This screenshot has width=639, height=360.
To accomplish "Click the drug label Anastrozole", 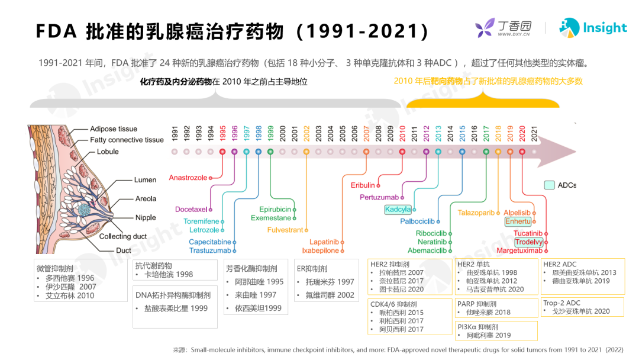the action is (188, 178).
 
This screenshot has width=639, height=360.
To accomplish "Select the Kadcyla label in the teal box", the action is (398, 210).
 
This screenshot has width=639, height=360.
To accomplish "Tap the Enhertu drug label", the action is (518, 221).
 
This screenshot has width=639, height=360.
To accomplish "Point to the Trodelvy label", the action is (528, 242).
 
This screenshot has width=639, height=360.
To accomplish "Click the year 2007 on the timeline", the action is (366, 134).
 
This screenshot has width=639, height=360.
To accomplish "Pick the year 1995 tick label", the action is (222, 134).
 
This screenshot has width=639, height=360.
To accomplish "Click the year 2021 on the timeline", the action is (534, 134).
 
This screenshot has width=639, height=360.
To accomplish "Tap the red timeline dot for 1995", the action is (222, 152).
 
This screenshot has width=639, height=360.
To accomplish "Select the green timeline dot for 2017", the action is (486, 152).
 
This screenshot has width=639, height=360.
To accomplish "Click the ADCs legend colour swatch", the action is (549, 185).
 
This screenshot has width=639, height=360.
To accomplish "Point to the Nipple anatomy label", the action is (146, 218).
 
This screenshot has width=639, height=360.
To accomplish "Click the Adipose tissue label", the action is (114, 129).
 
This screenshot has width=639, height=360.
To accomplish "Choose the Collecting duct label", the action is (123, 236).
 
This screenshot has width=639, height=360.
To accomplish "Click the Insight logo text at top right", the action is (605, 28).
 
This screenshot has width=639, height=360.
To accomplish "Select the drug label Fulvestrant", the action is (285, 230).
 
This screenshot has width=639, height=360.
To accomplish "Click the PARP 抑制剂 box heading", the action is (477, 304).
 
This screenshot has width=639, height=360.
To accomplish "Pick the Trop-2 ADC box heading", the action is (561, 303).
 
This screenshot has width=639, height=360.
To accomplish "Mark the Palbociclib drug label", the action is (417, 221).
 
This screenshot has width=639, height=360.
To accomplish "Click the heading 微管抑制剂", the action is (55, 269).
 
